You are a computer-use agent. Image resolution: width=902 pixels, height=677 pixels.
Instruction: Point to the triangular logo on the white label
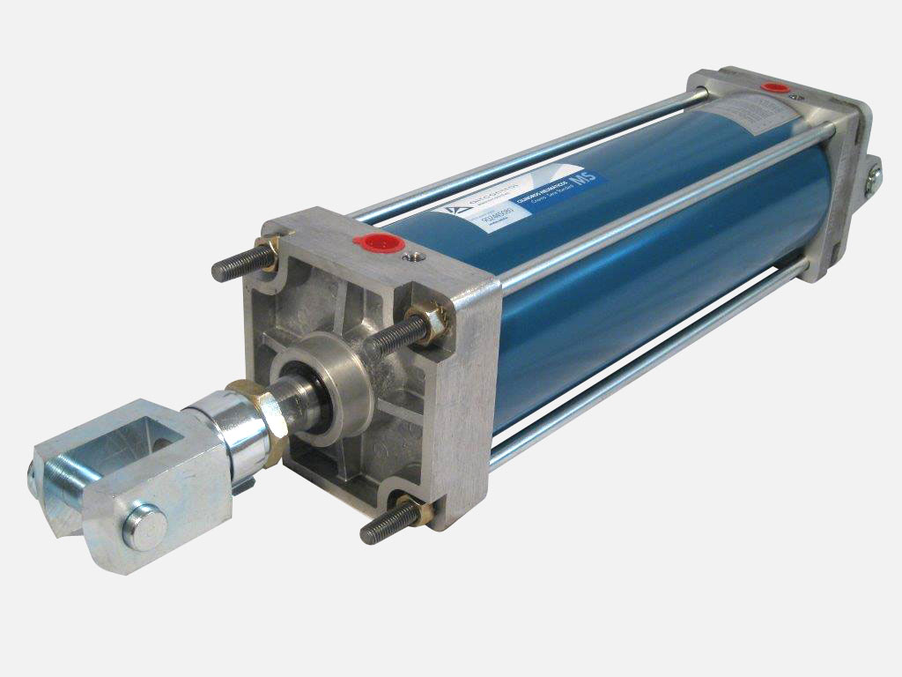pyautogui.click(x=454, y=212)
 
